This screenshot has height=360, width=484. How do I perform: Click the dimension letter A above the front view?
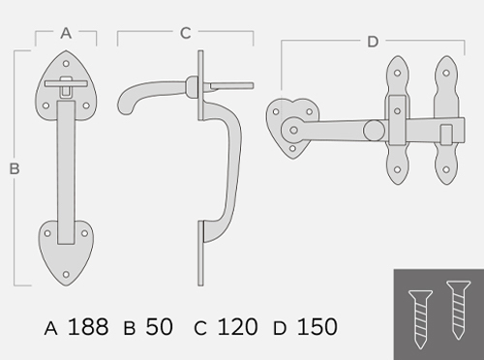click(x=66, y=33)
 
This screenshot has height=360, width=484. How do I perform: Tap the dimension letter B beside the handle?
click(x=15, y=169)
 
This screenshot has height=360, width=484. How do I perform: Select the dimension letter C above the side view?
click(x=186, y=33)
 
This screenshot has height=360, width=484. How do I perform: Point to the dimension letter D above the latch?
click(x=373, y=42)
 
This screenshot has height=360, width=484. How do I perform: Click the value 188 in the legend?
click(x=88, y=327)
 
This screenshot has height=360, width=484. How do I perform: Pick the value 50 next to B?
click(x=159, y=327)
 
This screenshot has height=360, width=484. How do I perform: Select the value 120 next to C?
click(x=237, y=327)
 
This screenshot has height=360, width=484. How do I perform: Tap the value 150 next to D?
click(x=318, y=327)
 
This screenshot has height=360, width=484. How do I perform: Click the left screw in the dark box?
click(x=420, y=319)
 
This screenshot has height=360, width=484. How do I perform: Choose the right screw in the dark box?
click(x=458, y=310)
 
